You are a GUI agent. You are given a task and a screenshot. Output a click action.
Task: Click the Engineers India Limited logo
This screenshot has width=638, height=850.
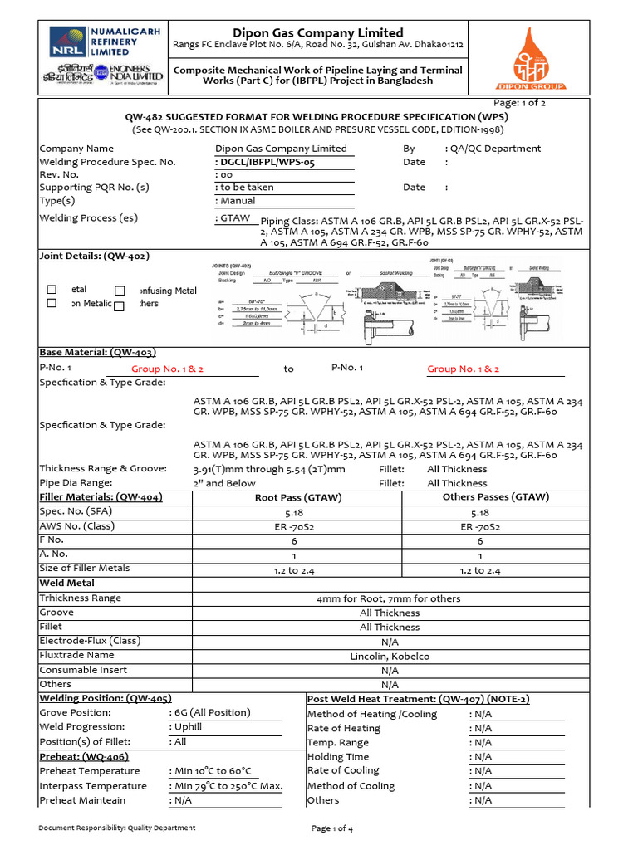[x=101, y=72]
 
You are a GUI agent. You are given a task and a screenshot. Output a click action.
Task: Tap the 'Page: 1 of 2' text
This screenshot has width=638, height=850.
[x=519, y=103]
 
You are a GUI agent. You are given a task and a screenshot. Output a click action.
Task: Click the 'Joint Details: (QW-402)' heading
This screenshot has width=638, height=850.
[x=95, y=256]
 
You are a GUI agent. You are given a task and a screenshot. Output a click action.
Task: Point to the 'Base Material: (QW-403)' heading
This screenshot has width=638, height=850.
[x=97, y=352]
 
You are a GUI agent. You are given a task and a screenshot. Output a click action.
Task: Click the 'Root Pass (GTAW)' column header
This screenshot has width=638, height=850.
[x=297, y=497]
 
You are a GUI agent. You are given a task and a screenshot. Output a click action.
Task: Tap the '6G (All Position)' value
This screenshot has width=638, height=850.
[x=211, y=712]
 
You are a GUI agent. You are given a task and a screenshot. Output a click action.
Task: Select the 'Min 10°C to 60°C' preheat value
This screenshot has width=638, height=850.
[x=212, y=771]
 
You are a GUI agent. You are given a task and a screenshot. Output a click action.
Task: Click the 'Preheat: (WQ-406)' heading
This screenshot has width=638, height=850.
[x=84, y=756]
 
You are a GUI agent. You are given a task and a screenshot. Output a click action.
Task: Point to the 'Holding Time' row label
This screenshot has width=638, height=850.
[x=338, y=756]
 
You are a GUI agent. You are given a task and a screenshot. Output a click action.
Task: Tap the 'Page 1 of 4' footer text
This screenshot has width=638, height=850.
[x=332, y=828]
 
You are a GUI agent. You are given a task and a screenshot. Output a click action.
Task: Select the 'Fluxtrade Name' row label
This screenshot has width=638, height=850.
[x=77, y=655]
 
